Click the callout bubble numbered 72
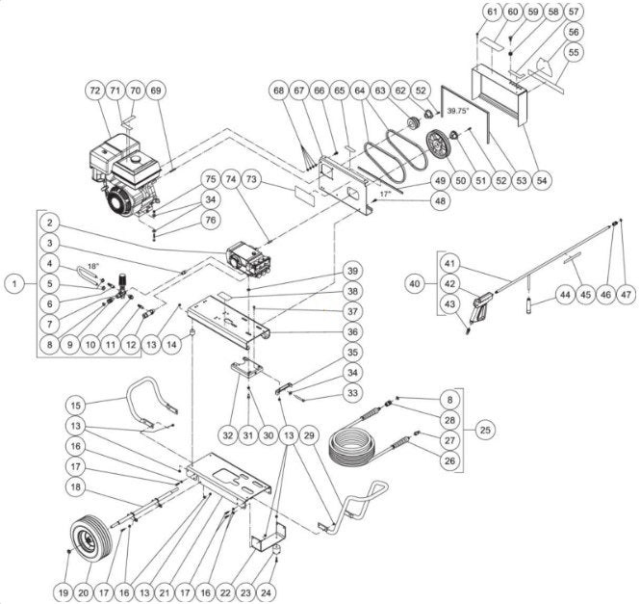pyautogui.click(x=93, y=91)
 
